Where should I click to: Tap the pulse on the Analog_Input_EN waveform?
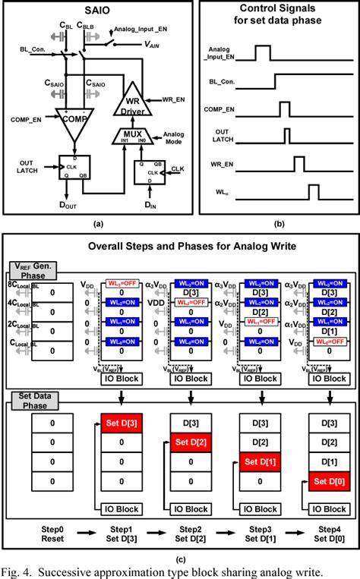(261, 52)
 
